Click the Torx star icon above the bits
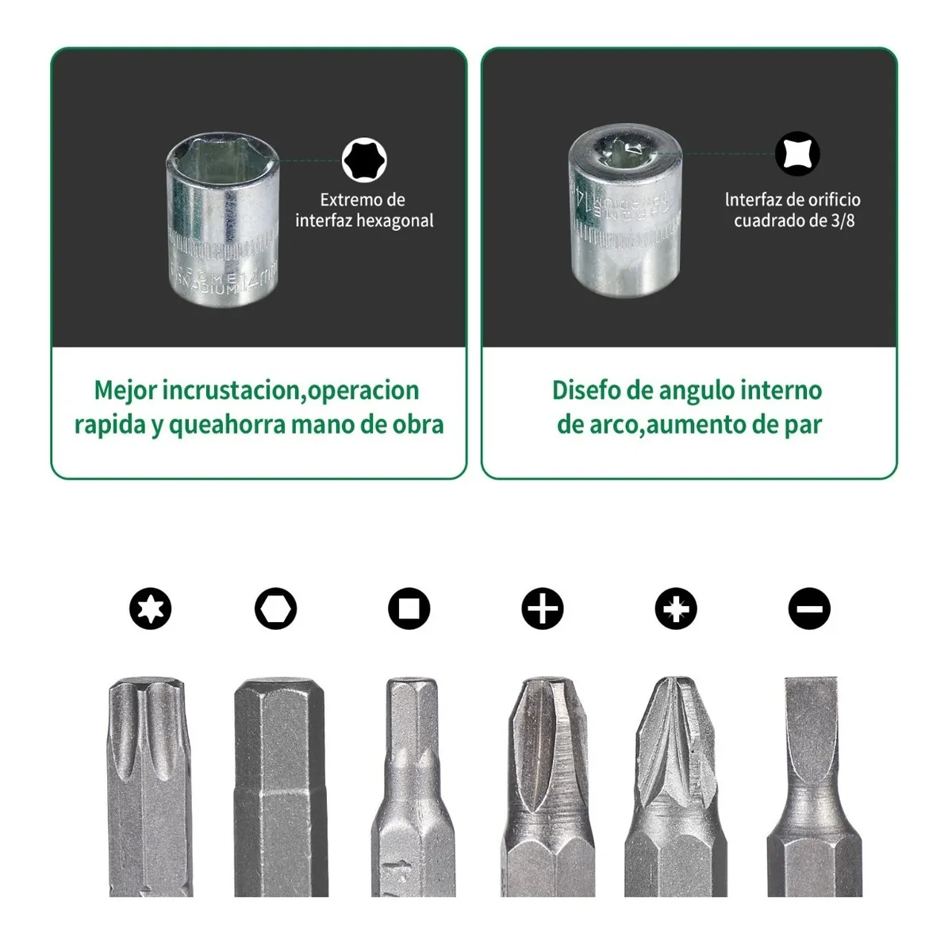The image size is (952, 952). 151,609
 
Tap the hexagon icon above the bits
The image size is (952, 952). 275,609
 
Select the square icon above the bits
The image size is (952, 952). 409,609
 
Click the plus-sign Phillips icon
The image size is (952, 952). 542,609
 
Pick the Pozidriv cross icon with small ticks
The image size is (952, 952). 676,609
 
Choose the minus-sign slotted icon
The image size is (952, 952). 808,609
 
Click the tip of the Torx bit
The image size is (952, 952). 151,698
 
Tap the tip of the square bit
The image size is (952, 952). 411,694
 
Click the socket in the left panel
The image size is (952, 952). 223,215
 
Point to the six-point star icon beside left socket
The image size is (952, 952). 364,160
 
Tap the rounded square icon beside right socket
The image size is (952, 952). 797,154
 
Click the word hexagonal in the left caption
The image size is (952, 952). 393,221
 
